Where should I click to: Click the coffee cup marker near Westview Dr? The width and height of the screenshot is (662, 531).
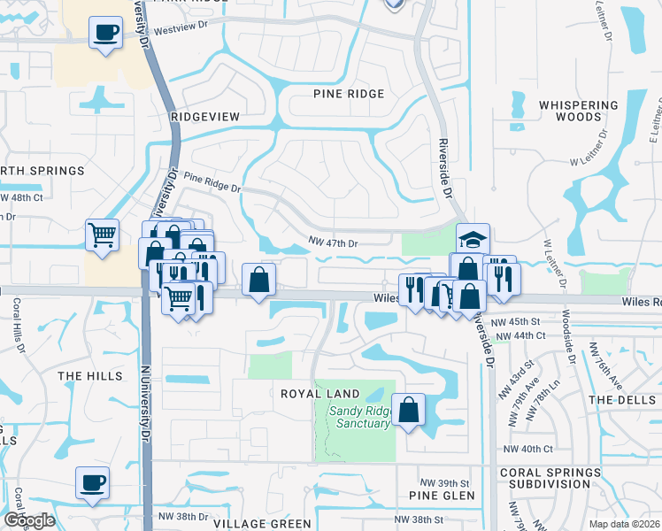coord(105,35)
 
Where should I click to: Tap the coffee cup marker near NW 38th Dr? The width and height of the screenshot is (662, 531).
coord(92,483)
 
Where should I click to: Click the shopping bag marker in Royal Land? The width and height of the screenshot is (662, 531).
coord(408,411)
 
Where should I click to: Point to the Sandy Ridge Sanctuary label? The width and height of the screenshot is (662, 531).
coord(359,417)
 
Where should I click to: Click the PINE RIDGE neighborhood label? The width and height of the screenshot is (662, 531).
coord(349,94)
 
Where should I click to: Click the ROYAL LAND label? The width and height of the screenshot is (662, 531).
coord(320,394)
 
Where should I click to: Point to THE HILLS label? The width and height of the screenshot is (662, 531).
coord(89,376)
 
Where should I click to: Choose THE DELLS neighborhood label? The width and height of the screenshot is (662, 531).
coord(623,400)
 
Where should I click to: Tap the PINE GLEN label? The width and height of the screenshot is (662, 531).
coord(442,496)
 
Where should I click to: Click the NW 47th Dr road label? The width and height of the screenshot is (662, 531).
coord(332,242)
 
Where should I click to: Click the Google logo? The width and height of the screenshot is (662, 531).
coord(29,520)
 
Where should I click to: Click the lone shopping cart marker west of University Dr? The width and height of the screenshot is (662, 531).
coord(103,235)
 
